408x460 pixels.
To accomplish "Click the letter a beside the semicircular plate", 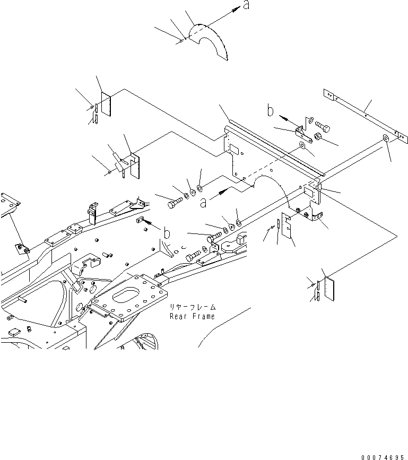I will (x=245, y=6).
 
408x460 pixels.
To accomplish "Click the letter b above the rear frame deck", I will (x=167, y=233).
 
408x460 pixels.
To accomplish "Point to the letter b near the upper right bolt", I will (x=271, y=111).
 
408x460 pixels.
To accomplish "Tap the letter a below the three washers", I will (x=205, y=202).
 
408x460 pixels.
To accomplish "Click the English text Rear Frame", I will (x=192, y=316).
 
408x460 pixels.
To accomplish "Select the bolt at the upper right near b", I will (x=322, y=127).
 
